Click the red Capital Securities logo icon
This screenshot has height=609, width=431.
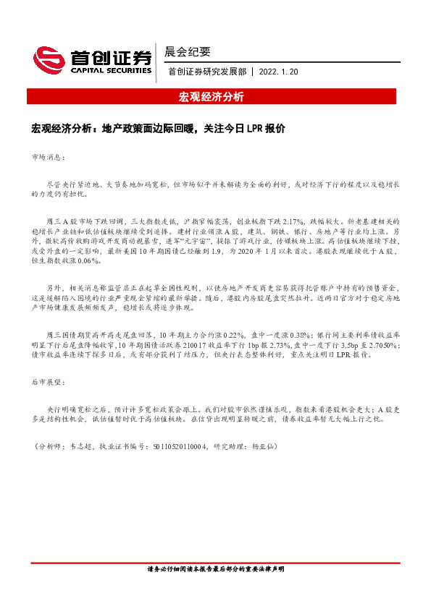point(48,60)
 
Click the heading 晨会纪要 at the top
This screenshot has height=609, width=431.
point(188,51)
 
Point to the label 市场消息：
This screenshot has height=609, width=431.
point(49,156)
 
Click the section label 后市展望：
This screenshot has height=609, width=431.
point(49,381)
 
